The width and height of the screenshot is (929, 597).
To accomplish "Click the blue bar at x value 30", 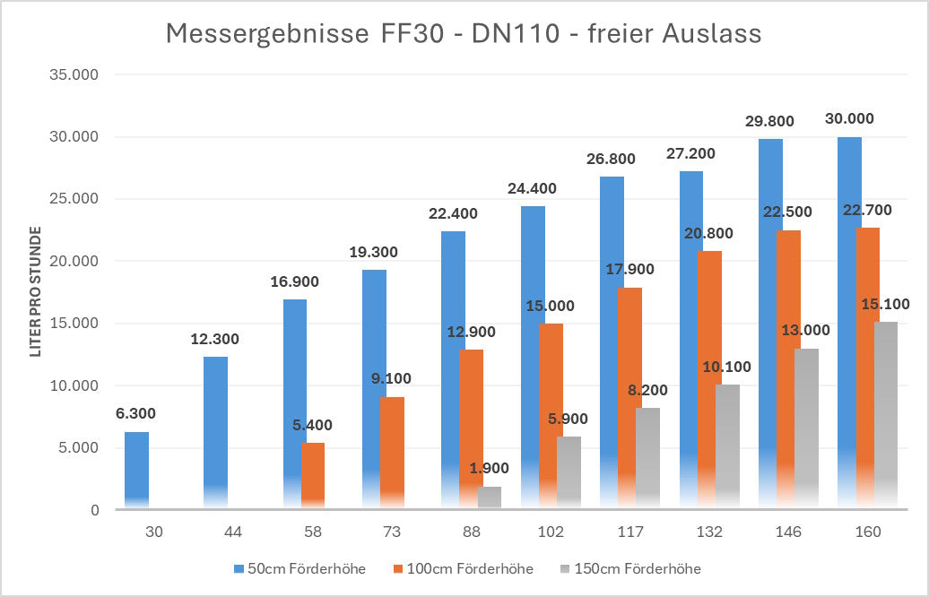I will click(136, 471).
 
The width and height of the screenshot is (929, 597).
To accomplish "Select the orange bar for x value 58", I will click(313, 476).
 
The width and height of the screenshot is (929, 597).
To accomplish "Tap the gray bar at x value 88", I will click(490, 497).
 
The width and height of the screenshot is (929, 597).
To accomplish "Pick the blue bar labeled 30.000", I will click(849, 323).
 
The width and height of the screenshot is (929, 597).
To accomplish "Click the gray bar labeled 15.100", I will click(886, 417).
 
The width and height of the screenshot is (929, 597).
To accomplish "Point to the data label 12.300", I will click(215, 340).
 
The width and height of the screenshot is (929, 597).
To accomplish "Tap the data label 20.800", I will click(708, 234).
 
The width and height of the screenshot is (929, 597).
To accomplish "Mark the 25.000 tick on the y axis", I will click(74, 199).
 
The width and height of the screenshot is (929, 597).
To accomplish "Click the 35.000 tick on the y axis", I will click(74, 75).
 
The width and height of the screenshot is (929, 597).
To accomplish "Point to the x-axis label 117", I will click(630, 532).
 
